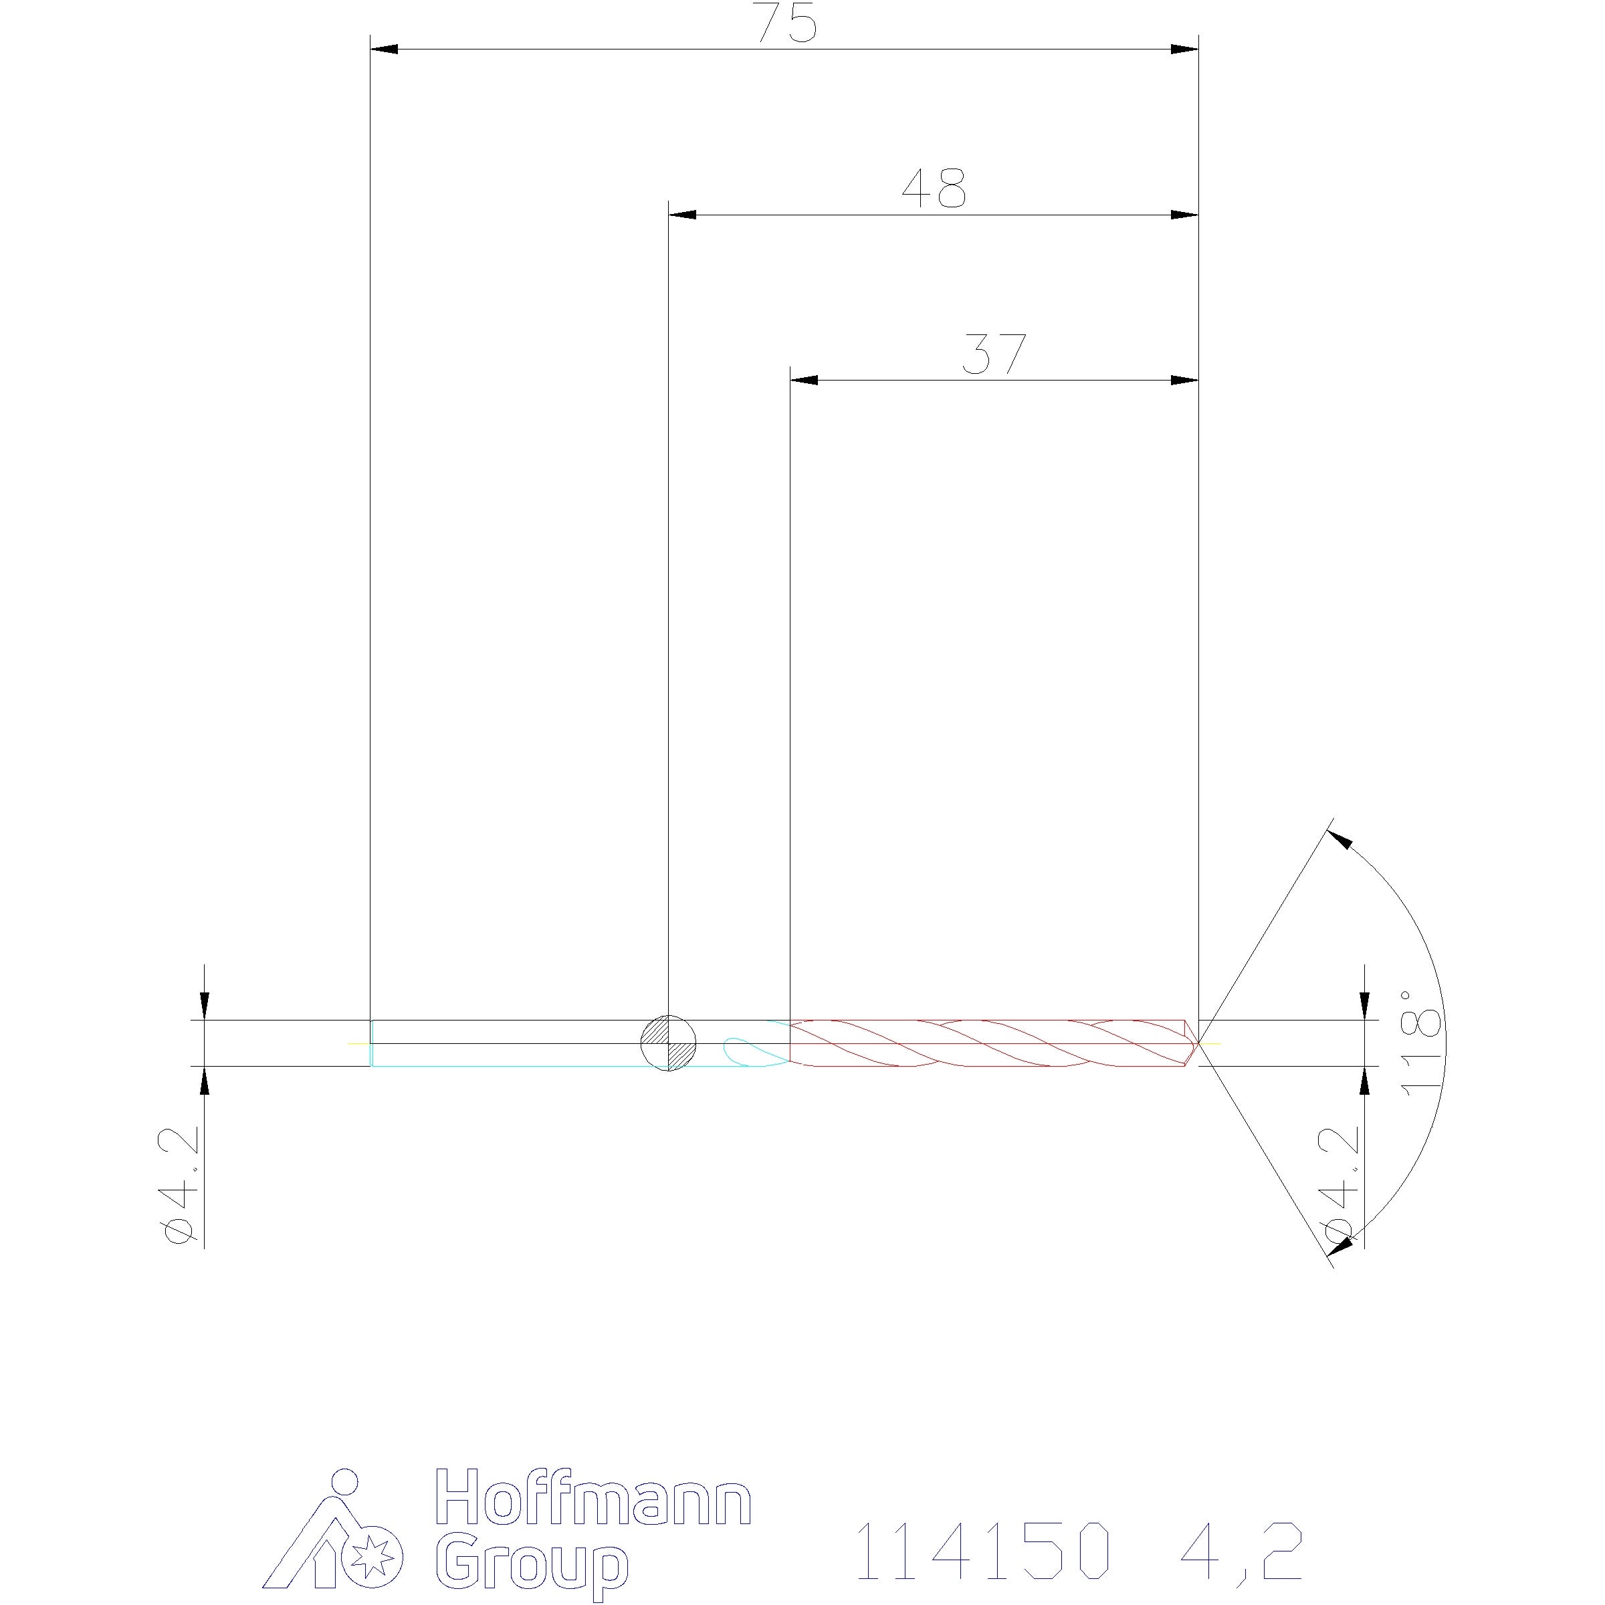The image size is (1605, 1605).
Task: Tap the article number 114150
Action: click(982, 1549)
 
